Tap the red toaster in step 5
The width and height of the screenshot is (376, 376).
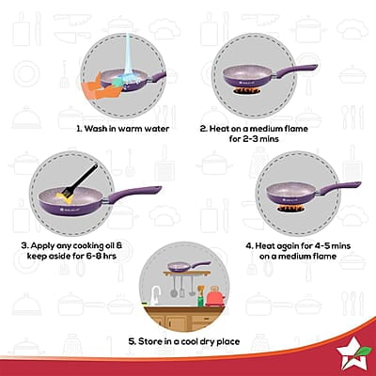[x=215, y=298]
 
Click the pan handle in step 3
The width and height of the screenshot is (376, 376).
[x=138, y=193]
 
